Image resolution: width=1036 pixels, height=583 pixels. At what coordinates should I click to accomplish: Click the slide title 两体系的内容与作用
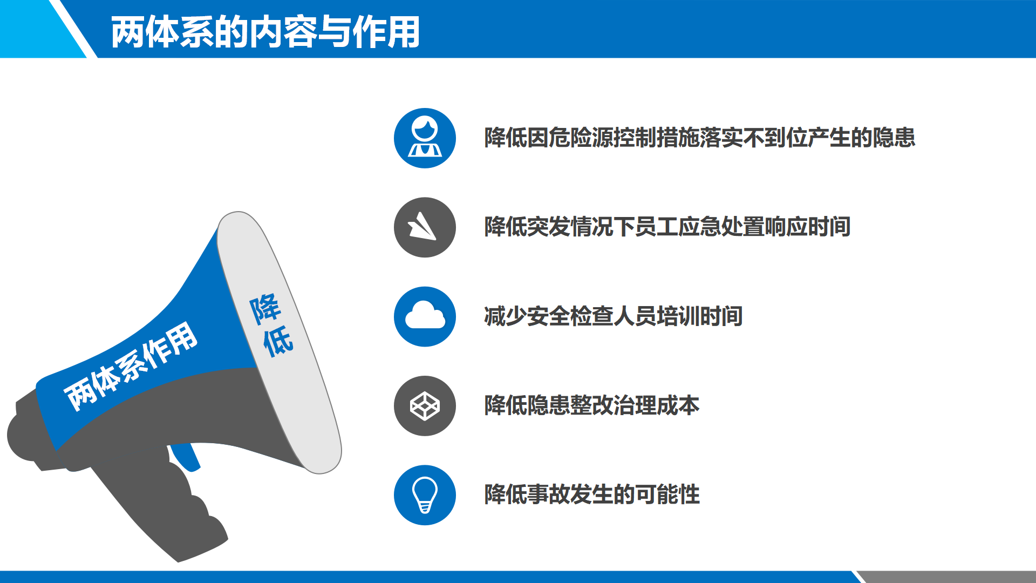[265, 32]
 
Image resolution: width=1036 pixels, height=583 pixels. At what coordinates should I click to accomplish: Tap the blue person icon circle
[425, 138]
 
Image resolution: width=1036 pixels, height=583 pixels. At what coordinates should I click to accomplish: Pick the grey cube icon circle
[425, 406]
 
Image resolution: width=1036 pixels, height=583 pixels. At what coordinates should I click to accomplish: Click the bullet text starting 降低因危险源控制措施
[699, 138]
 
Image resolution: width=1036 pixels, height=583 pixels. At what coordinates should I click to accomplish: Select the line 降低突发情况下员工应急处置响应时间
[667, 227]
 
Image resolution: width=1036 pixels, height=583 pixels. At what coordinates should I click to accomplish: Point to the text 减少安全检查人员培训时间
[613, 316]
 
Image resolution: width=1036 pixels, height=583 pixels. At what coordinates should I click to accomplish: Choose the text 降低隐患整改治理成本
[591, 405]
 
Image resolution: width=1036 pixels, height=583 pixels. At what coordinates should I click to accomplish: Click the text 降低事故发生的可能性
[591, 494]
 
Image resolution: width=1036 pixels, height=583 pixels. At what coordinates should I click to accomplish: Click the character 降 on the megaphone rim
[264, 309]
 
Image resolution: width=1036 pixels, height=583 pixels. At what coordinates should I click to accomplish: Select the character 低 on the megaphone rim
[278, 341]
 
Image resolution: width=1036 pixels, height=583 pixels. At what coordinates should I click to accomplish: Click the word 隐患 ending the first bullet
[894, 138]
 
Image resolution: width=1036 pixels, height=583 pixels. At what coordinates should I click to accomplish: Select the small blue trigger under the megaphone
[186, 457]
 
